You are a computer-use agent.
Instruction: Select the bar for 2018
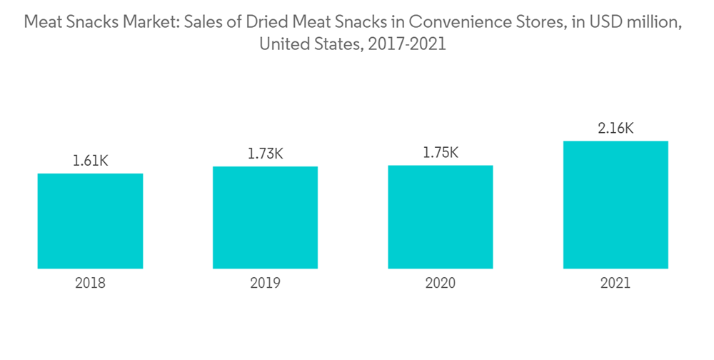90,221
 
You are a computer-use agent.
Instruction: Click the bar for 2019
265,217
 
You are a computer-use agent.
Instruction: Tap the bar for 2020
440,216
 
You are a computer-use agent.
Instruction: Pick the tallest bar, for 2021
615,204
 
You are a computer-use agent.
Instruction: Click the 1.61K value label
90,161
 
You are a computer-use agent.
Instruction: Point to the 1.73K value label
265,154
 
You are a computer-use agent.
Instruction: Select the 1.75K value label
440,153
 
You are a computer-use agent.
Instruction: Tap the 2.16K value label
615,129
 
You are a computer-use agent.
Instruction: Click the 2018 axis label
90,284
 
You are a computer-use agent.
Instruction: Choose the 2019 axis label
265,284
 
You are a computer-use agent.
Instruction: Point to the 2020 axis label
440,284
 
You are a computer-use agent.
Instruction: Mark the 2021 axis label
615,284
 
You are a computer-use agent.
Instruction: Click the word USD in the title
608,23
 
